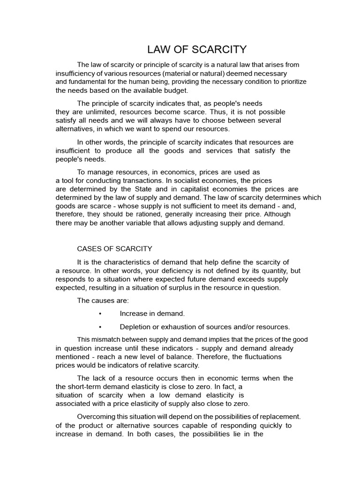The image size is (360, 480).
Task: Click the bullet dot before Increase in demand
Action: pyautogui.click(x=100, y=314)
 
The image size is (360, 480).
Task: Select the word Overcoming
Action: pyautogui.click(x=96, y=416)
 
